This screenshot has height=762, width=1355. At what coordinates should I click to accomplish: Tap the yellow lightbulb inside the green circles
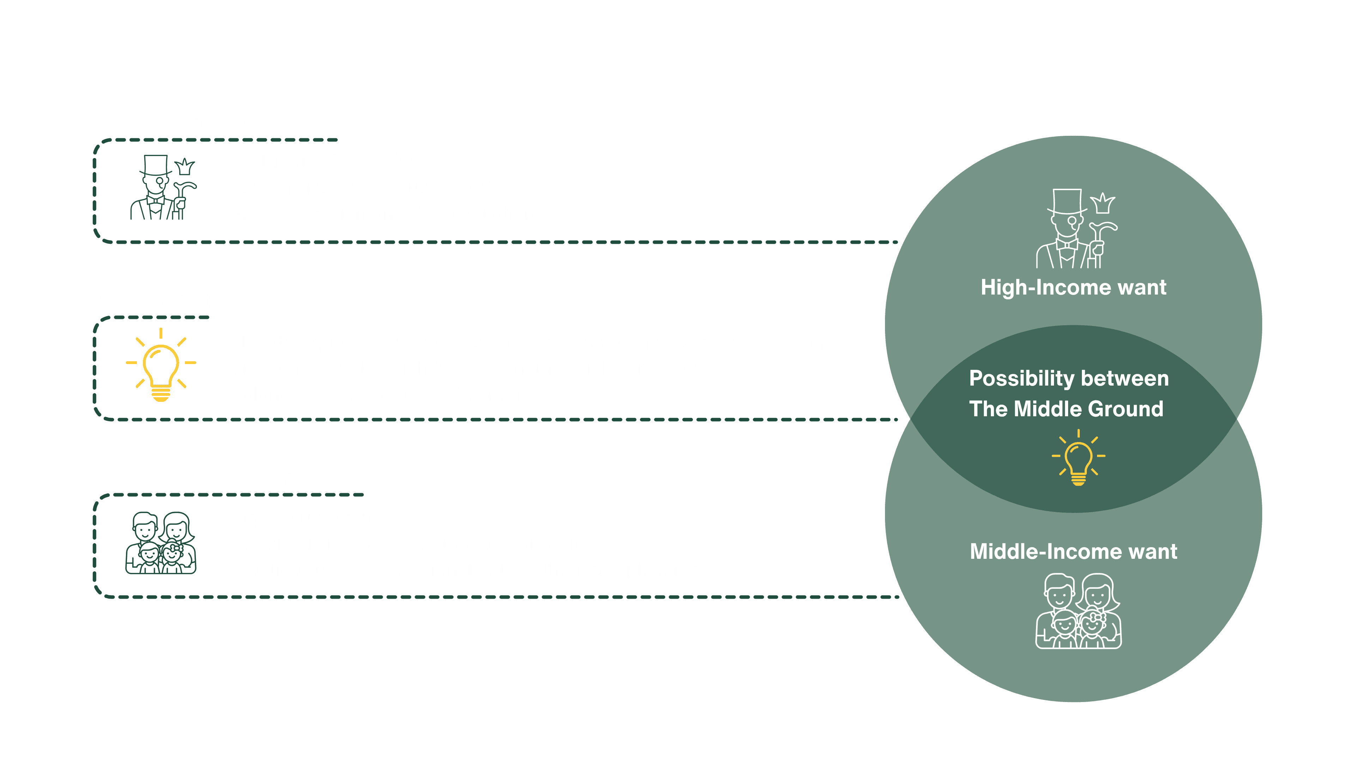(1078, 458)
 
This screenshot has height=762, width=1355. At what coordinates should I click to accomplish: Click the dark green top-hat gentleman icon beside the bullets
(163, 188)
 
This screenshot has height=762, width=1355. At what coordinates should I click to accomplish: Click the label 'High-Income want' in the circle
(1073, 288)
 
